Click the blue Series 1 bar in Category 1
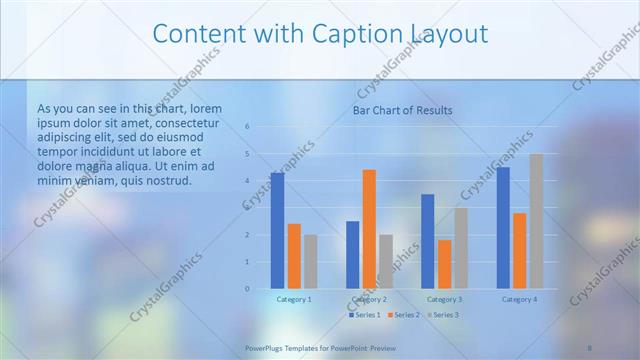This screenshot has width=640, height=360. (x=277, y=231)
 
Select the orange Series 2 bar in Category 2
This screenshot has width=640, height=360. (x=369, y=229)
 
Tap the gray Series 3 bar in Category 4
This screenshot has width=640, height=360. (x=536, y=221)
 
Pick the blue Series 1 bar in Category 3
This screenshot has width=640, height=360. (x=428, y=241)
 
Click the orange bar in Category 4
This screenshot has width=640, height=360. (x=519, y=250)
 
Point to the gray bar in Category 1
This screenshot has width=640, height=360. (x=311, y=261)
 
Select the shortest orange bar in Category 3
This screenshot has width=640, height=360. (x=444, y=264)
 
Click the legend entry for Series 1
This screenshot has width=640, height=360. (x=364, y=315)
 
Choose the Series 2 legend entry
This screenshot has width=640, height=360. (x=402, y=315)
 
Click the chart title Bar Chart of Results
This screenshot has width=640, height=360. (x=403, y=110)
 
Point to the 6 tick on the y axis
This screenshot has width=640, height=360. (x=247, y=127)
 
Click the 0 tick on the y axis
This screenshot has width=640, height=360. (x=247, y=289)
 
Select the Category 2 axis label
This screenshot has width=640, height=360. (x=369, y=300)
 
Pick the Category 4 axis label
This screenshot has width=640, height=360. (x=519, y=300)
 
